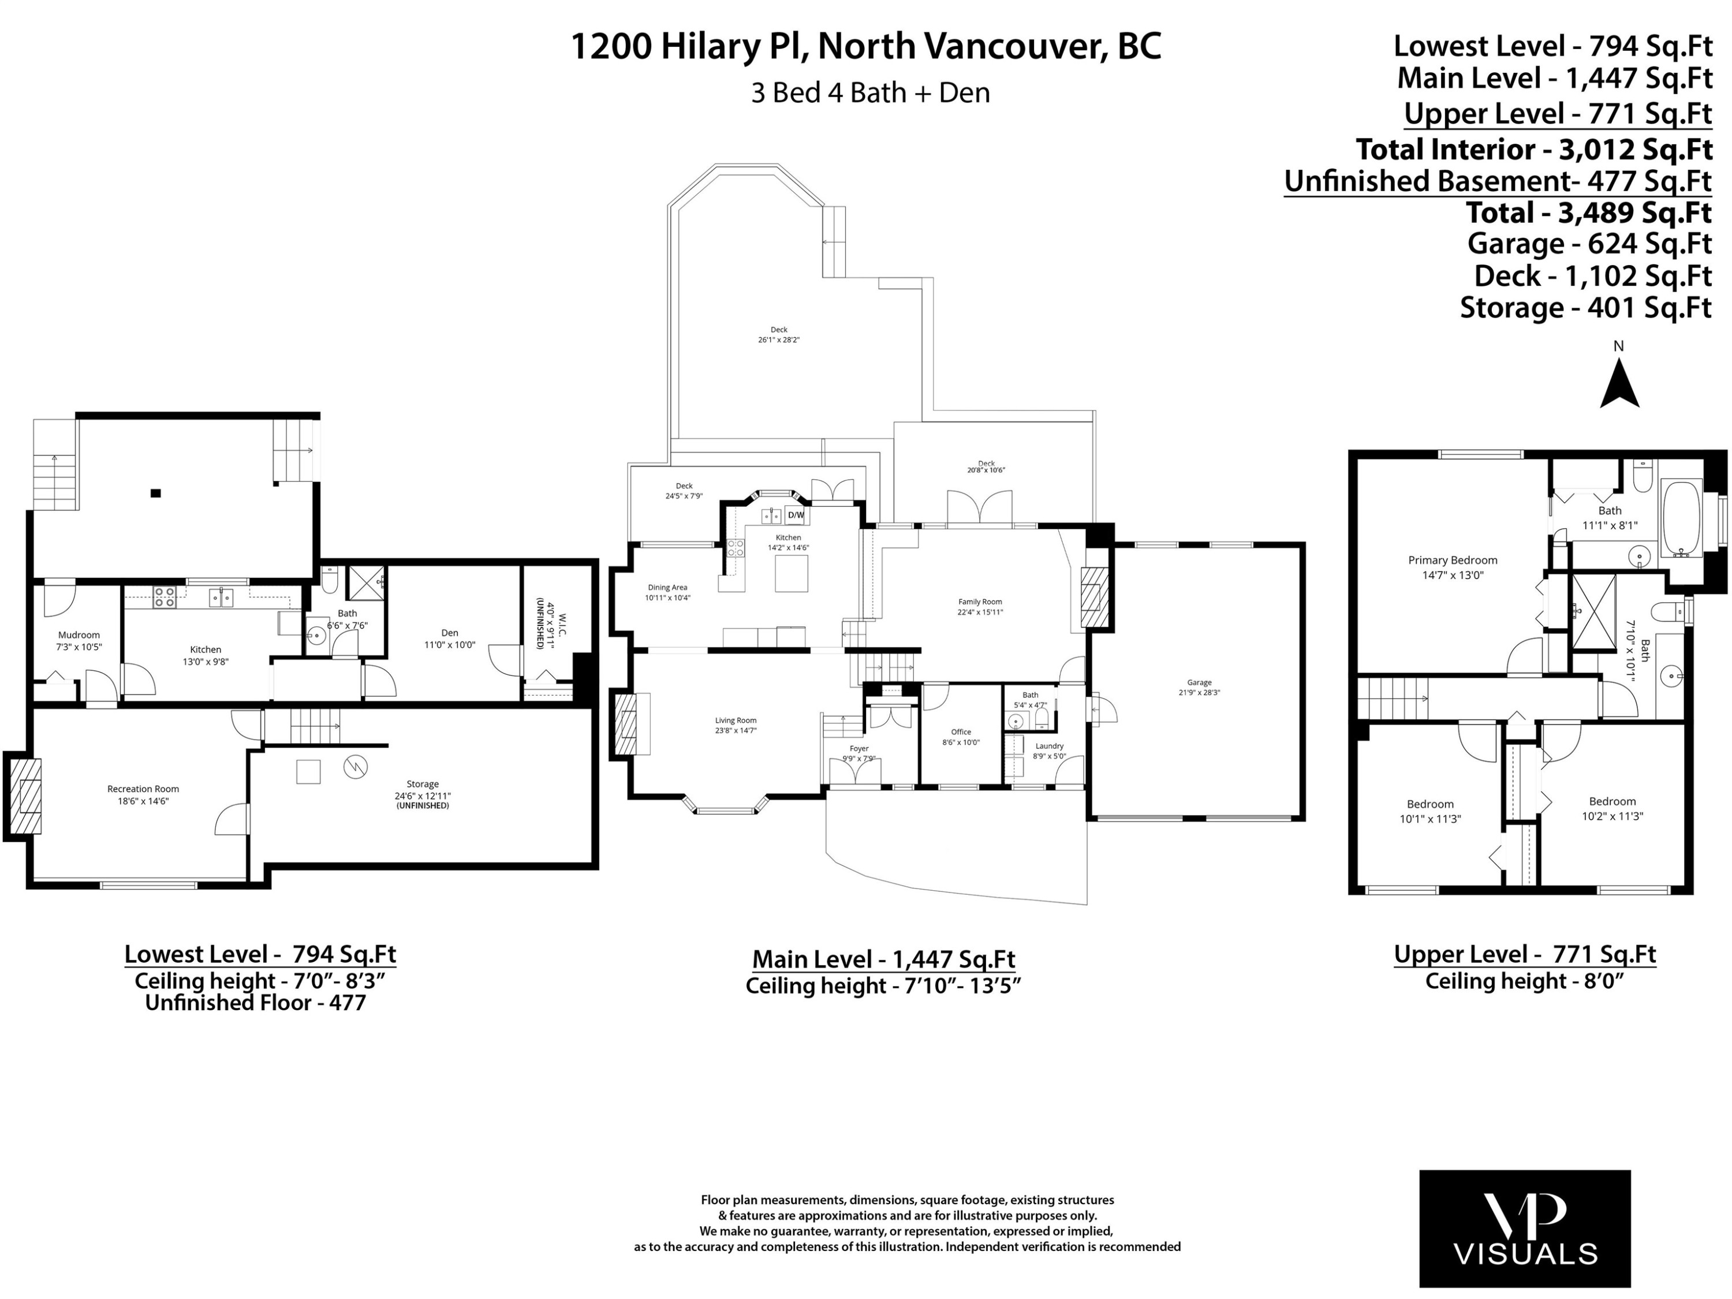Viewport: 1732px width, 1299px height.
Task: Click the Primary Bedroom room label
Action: click(1453, 567)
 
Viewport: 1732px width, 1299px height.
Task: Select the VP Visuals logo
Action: click(1525, 1229)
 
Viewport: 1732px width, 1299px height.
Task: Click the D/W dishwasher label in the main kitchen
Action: click(796, 515)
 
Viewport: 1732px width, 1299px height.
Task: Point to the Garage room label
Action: click(1199, 686)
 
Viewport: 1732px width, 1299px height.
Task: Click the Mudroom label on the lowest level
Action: click(79, 640)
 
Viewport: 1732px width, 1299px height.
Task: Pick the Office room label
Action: click(961, 737)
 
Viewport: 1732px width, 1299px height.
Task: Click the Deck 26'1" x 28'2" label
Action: click(778, 334)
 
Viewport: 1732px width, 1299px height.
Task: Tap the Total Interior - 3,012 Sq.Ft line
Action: click(1533, 149)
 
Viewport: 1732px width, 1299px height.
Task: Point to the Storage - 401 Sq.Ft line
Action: click(1585, 308)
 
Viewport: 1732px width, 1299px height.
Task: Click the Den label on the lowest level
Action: click(449, 638)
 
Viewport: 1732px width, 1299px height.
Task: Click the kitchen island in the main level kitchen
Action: click(791, 573)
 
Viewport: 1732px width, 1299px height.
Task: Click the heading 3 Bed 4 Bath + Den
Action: click(870, 92)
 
